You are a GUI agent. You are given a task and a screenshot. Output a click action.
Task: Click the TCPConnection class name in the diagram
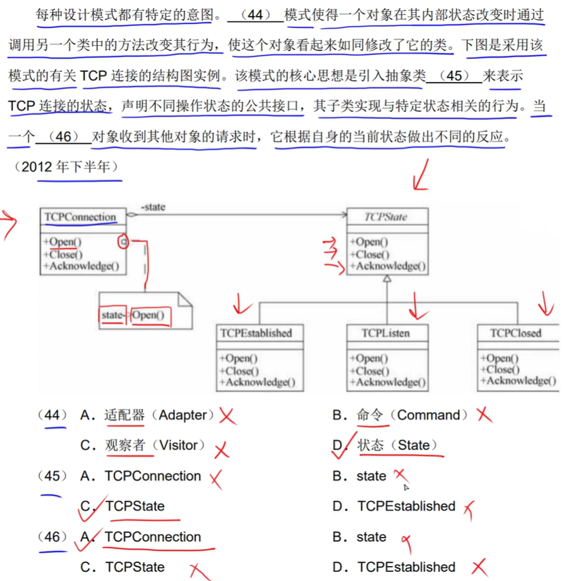click(80, 217)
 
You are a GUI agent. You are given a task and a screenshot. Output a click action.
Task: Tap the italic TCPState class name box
click(386, 217)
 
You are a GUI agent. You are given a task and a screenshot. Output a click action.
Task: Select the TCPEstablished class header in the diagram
click(256, 334)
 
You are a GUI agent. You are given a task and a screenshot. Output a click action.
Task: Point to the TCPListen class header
click(387, 334)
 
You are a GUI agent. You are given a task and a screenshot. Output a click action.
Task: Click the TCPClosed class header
click(516, 334)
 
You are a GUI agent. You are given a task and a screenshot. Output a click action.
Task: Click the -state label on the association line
click(153, 207)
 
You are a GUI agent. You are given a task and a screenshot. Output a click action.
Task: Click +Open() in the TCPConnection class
click(63, 242)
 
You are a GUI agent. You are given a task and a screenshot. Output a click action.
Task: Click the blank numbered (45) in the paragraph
click(454, 76)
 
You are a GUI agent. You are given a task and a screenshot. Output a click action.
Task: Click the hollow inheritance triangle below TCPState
click(387, 279)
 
